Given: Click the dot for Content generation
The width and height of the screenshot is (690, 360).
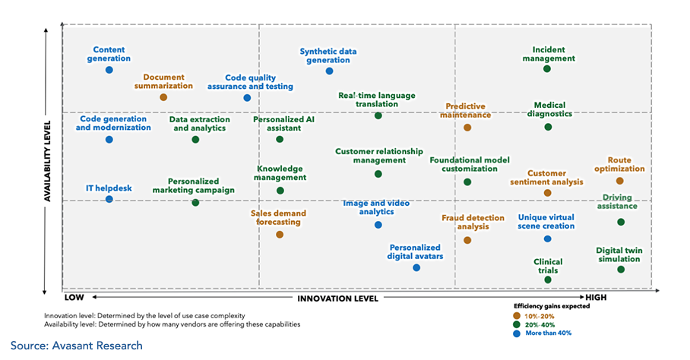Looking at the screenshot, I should pyautogui.click(x=109, y=70).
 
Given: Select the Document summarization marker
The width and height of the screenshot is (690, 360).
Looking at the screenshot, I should pyautogui.click(x=163, y=97).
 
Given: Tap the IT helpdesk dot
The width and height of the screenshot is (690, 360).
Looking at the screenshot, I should pyautogui.click(x=109, y=199).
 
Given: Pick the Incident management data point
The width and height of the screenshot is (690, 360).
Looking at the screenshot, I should pyautogui.click(x=547, y=69).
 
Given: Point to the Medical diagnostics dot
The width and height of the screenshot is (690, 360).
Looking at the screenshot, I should pyautogui.click(x=548, y=127).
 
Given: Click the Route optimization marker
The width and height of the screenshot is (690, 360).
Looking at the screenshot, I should pyautogui.click(x=620, y=181).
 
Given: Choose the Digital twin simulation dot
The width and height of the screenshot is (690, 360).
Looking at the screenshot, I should pyautogui.click(x=621, y=270).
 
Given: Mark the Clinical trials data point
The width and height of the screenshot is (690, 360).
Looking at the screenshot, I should pyautogui.click(x=548, y=279).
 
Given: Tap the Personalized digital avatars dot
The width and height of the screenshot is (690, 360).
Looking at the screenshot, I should pyautogui.click(x=416, y=267).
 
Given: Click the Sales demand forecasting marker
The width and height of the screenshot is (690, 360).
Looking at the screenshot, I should pyautogui.click(x=280, y=235).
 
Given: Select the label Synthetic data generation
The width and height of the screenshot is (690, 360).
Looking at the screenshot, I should pyautogui.click(x=328, y=56).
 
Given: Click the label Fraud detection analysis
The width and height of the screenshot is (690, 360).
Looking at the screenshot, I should pyautogui.click(x=473, y=222).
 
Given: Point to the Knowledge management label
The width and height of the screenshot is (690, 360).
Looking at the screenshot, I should pyautogui.click(x=280, y=173).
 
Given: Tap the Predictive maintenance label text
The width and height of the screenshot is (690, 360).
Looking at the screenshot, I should pyautogui.click(x=466, y=111).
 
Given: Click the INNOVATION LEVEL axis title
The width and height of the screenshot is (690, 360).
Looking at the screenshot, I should pyautogui.click(x=337, y=298).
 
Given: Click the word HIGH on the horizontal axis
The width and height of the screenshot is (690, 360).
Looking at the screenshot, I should pyautogui.click(x=596, y=298).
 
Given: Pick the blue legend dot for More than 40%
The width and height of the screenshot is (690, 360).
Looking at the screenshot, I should pyautogui.click(x=517, y=333).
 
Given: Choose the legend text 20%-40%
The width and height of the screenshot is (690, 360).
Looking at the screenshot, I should pyautogui.click(x=540, y=324).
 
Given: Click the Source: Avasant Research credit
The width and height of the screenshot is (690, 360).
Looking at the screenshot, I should pyautogui.click(x=76, y=346).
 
